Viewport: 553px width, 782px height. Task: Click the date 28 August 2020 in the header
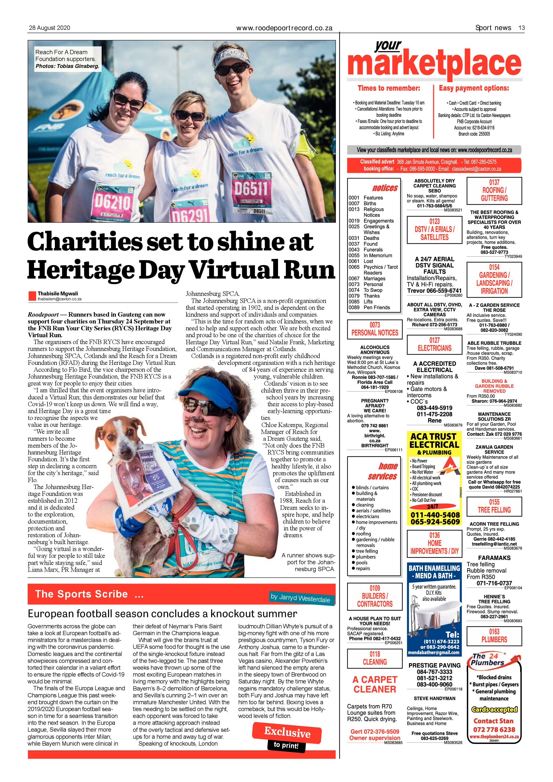pyautogui.click(x=49, y=28)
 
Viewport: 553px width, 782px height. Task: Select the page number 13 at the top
pyautogui.click(x=521, y=28)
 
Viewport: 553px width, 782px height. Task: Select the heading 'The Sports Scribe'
pyautogui.click(x=82, y=594)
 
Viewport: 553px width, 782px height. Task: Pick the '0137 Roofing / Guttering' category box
pyautogui.click(x=494, y=190)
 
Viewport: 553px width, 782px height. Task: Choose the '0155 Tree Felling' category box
pyautogui.click(x=494, y=506)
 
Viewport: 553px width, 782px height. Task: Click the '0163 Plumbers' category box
pyautogui.click(x=494, y=636)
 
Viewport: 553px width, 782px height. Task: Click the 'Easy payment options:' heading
pyautogui.click(x=474, y=88)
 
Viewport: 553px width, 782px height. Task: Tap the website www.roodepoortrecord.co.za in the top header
pyautogui.click(x=284, y=28)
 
